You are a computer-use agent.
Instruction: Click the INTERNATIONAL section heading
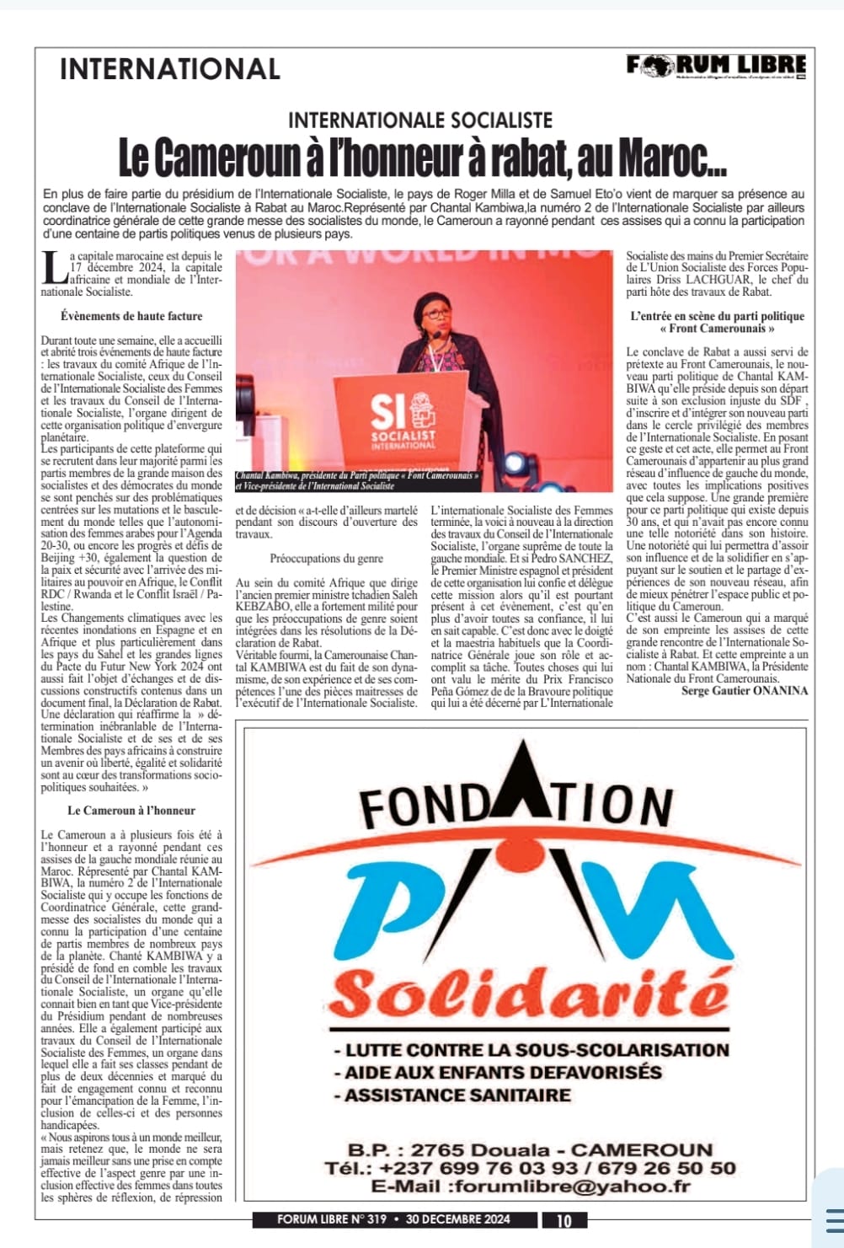pos(170,69)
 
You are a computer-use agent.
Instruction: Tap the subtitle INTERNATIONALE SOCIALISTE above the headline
pos(420,121)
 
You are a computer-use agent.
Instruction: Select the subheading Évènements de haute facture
pos(131,316)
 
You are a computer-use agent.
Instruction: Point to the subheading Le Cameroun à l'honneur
pos(131,811)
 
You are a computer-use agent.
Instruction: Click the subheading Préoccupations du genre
pos(326,558)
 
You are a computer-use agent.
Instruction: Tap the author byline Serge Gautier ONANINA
pos(745,691)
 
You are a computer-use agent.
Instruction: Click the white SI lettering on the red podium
pos(389,413)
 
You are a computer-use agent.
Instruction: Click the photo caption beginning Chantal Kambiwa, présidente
pos(358,480)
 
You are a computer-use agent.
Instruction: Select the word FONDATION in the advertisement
pos(515,802)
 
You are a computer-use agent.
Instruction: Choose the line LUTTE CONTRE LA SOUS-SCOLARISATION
pos(531,1050)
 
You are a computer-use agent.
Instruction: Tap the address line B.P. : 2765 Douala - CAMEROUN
pos(530,1149)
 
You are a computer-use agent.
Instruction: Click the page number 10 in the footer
pos(564,1220)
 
